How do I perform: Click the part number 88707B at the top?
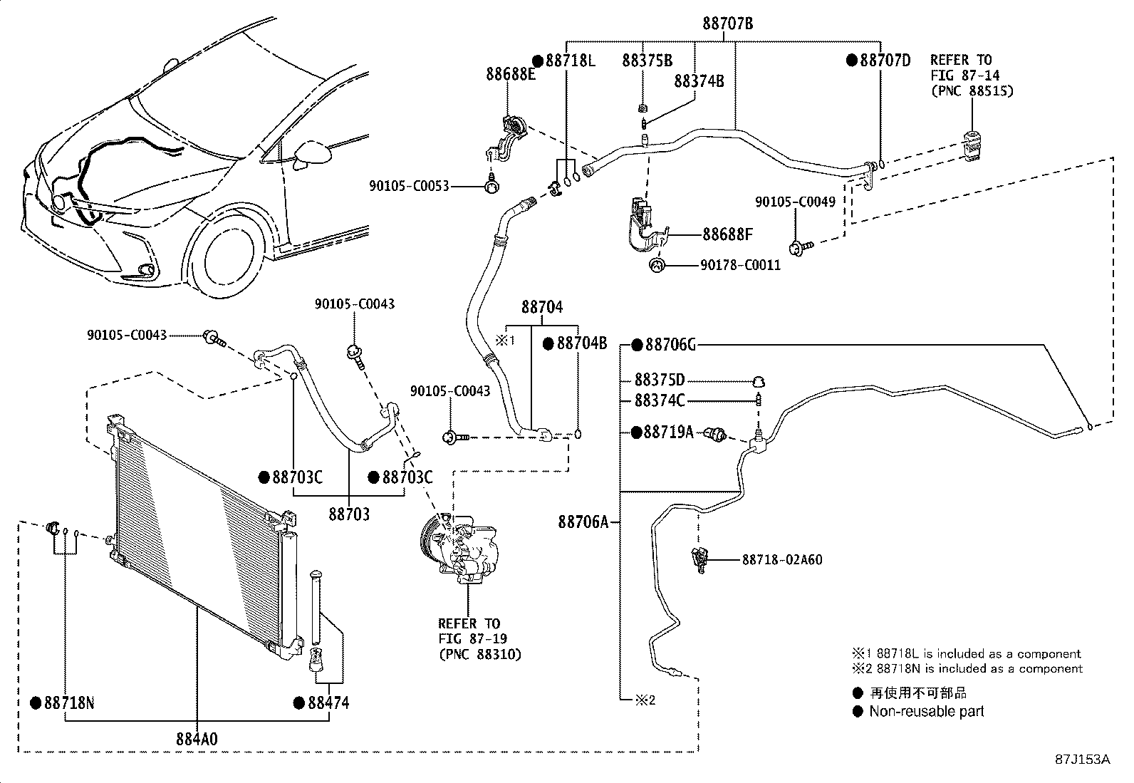coord(727,24)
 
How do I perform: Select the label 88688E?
coord(511,73)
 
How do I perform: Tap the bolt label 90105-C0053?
coord(409,186)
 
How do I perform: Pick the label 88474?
coord(328,703)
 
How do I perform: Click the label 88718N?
coord(68,703)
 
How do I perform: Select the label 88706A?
coord(583,522)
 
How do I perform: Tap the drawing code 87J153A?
coord(1082,759)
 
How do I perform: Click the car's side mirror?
coord(312,153)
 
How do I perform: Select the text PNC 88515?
coord(972,90)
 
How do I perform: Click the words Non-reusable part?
coord(926,711)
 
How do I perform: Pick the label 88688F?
coord(727,234)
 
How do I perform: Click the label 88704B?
coord(581,343)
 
